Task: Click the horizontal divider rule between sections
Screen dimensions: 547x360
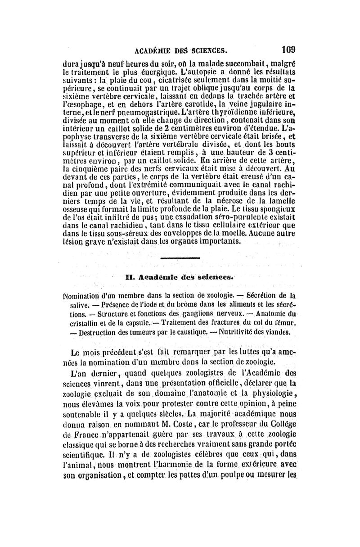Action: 180,258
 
